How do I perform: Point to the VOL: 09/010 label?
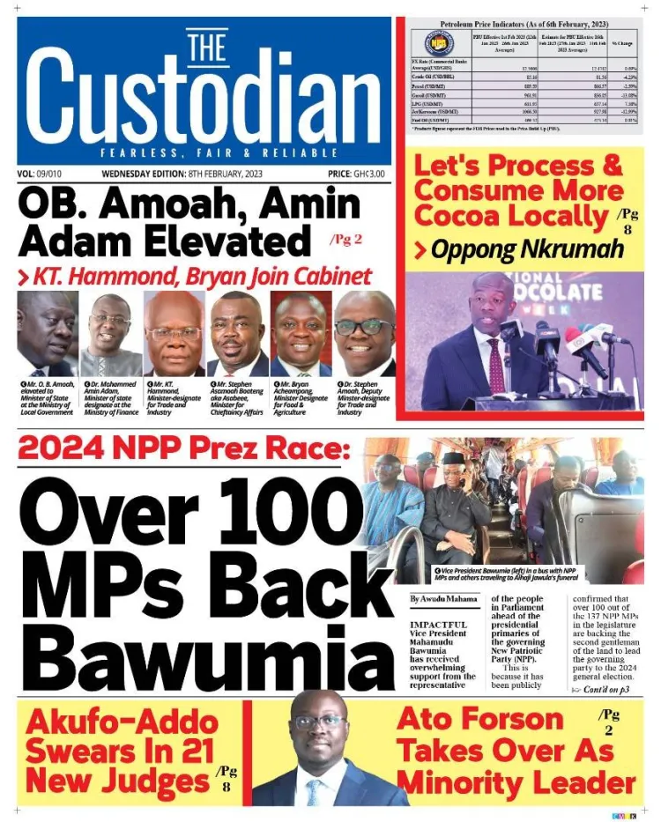tap(45, 174)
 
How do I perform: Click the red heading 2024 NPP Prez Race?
tap(184, 450)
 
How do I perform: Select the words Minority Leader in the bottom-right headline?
tap(516, 782)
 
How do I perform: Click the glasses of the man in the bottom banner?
tap(318, 722)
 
